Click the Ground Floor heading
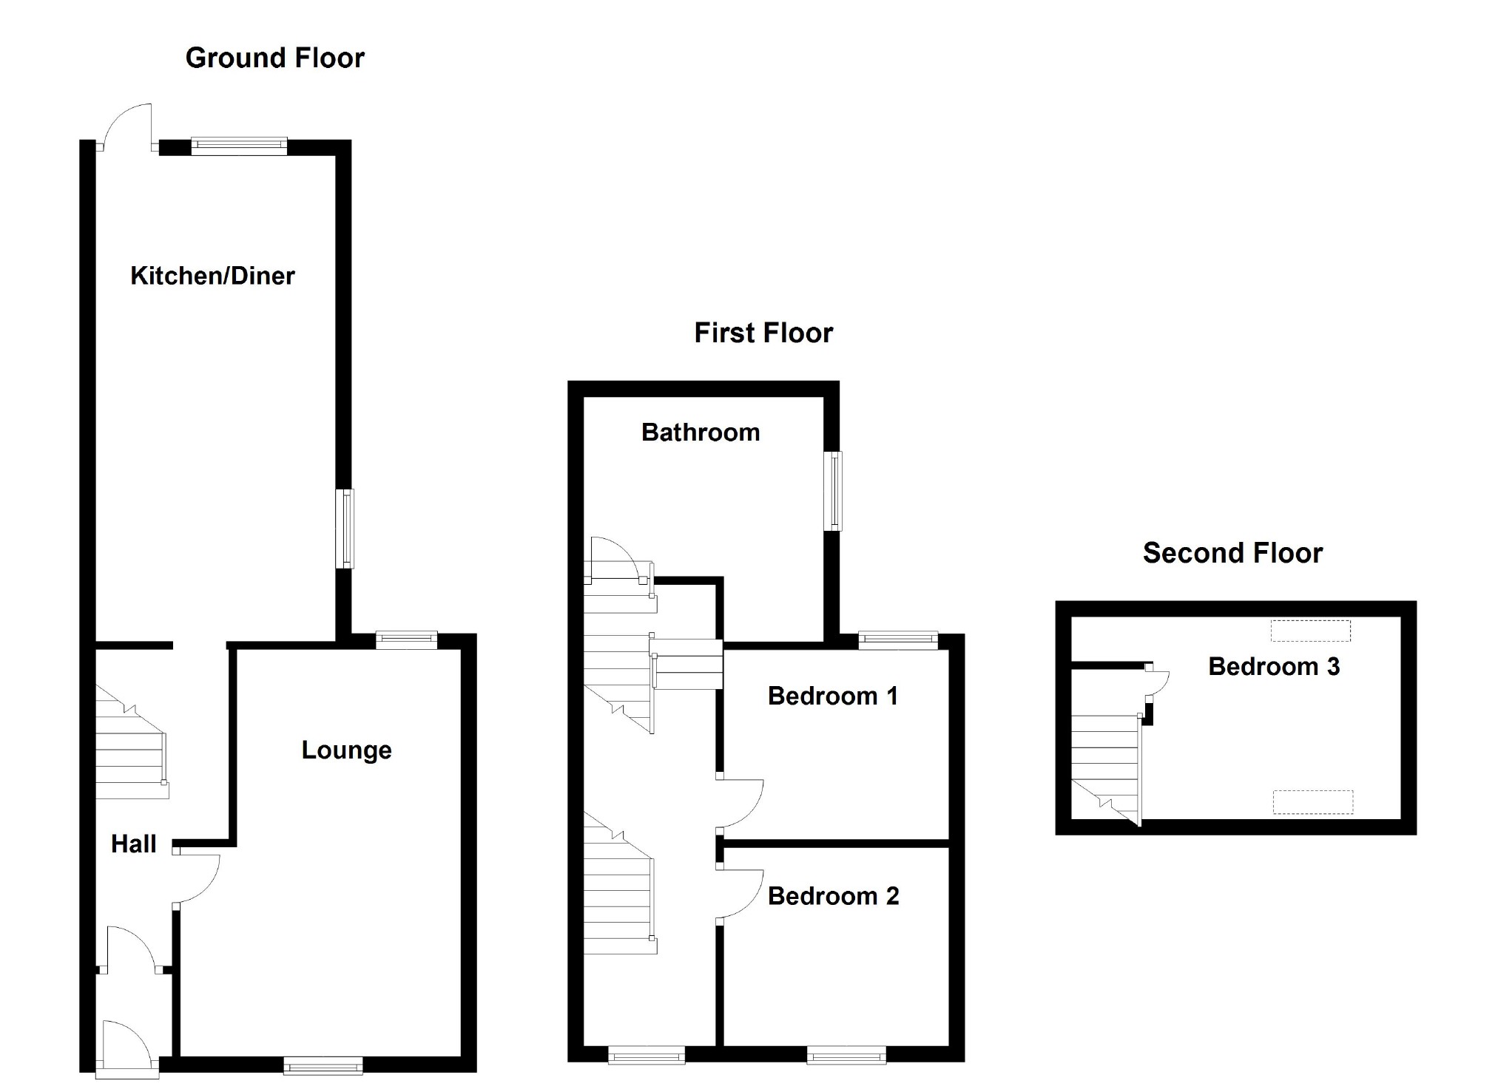point(274,58)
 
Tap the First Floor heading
point(763,333)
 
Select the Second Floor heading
point(1232,553)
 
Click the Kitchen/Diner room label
point(212,276)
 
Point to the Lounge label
point(346,750)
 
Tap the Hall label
point(133,844)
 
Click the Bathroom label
point(700,432)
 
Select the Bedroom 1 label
point(832,696)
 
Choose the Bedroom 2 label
point(833,896)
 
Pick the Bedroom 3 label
point(1273,667)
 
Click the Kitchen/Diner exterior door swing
point(127,126)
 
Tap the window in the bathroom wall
point(834,491)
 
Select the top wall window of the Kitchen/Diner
point(238,146)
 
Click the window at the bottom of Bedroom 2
point(846,1055)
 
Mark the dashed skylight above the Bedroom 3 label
point(1310,631)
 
